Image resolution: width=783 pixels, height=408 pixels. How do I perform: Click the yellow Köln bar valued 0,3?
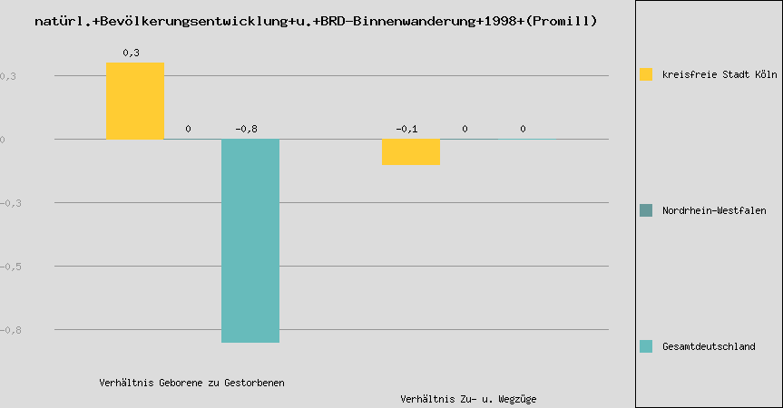click(x=135, y=101)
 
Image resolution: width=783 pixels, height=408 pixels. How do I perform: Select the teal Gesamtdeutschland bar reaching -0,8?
click(x=250, y=240)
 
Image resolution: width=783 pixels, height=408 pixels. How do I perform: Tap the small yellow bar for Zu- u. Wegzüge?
click(x=411, y=151)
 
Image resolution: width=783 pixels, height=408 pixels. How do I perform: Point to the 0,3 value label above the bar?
click(x=131, y=53)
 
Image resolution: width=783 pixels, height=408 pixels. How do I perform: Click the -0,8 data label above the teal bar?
click(x=246, y=129)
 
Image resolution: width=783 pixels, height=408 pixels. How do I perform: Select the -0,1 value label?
click(x=406, y=129)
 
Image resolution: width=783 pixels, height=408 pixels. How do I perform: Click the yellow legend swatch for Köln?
click(x=646, y=74)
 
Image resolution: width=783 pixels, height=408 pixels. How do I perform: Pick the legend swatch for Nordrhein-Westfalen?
click(x=646, y=210)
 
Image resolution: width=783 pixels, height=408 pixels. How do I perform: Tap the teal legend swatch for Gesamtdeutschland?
click(x=646, y=346)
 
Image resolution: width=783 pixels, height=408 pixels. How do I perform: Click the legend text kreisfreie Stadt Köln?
click(x=720, y=74)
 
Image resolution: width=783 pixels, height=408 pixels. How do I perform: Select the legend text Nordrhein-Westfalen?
click(x=714, y=210)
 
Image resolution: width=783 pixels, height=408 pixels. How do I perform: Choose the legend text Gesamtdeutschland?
click(x=709, y=346)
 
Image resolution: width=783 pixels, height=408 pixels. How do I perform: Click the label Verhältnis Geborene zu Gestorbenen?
click(x=191, y=383)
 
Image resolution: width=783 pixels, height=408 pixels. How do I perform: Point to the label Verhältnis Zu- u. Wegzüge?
click(x=463, y=399)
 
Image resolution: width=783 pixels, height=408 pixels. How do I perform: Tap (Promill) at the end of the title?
click(x=561, y=20)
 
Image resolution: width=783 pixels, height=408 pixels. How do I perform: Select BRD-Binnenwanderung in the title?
click(x=393, y=20)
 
